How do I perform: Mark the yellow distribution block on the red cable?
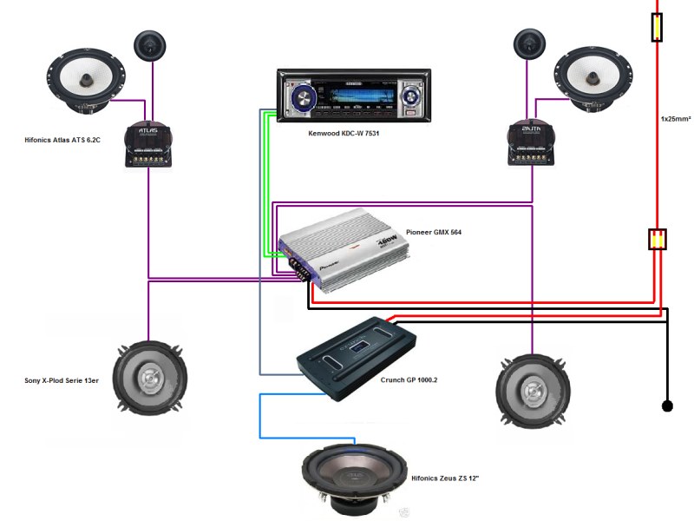[658, 239]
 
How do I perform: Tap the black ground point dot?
[667, 406]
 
